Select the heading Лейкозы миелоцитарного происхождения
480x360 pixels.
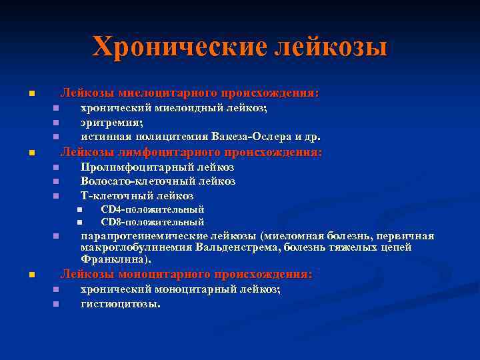point(190,93)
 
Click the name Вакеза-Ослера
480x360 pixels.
point(251,137)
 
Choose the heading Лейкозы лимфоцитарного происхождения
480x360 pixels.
point(191,152)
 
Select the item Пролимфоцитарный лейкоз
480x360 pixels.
point(157,167)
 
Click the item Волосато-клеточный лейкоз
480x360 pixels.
point(158,181)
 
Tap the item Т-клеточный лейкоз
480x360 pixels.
point(137,196)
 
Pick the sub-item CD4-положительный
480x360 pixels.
point(152,210)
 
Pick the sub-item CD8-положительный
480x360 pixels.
point(152,222)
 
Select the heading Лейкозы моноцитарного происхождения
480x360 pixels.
point(187,274)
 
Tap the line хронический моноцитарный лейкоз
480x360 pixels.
point(180,289)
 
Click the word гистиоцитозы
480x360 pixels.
point(120,304)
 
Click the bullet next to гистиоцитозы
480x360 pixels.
point(56,305)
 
